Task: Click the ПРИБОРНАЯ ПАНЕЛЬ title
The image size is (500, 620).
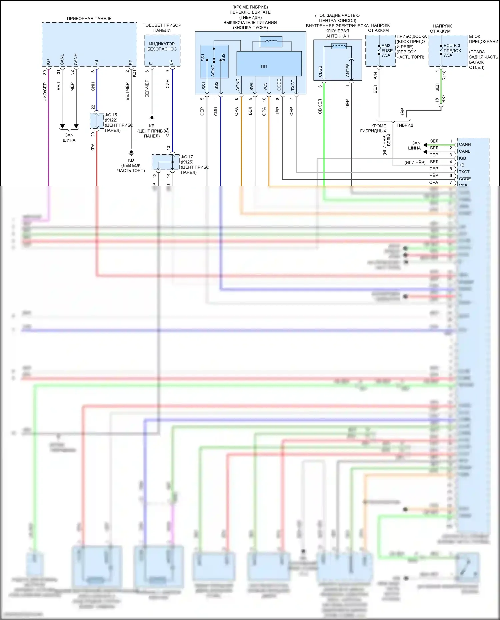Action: [x=89, y=19]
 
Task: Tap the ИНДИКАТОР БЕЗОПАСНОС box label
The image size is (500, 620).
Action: [x=162, y=46]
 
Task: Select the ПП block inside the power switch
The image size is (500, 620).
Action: [x=264, y=66]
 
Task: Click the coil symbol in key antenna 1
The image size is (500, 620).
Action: [x=339, y=46]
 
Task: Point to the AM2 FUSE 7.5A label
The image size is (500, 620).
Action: [x=387, y=50]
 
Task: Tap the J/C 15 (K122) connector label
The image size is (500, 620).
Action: [x=111, y=117]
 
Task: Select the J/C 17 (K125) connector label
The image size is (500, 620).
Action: [x=187, y=159]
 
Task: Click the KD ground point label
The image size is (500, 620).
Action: [x=131, y=160]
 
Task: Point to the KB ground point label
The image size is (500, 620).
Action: [x=152, y=126]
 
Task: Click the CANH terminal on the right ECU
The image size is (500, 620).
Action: [x=465, y=144]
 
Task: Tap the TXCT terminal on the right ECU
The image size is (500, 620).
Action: [x=464, y=172]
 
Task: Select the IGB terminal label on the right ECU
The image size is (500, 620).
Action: [x=462, y=158]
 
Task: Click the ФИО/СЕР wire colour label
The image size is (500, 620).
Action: [x=45, y=92]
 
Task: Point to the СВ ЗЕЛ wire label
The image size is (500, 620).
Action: [x=320, y=106]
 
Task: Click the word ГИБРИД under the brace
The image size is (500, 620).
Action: [x=405, y=125]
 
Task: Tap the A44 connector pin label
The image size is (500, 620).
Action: [x=375, y=75]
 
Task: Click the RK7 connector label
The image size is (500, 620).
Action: [x=444, y=99]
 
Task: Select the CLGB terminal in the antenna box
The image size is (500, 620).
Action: [x=320, y=71]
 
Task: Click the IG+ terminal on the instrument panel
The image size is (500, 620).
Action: [x=48, y=62]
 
